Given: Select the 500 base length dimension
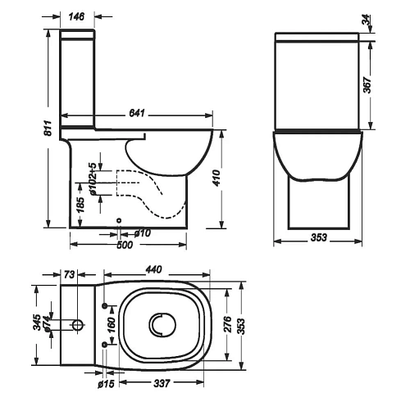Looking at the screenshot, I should click(125, 244).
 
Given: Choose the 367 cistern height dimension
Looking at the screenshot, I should click(368, 83).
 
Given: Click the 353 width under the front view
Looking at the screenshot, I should click(319, 237).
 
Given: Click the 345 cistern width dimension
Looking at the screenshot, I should click(37, 325).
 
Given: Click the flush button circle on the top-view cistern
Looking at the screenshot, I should click(78, 326).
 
